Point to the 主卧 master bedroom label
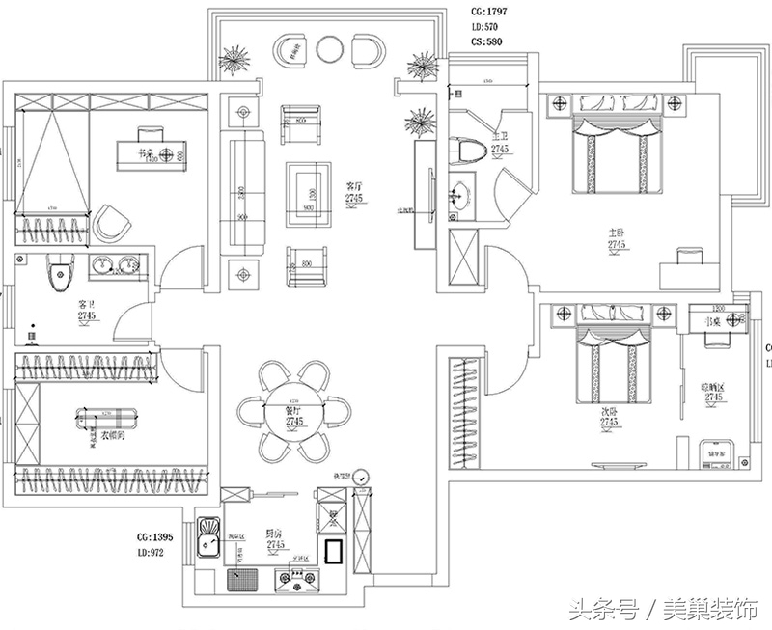coord(617,233)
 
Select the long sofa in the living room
coord(242,194)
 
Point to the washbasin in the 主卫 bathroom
coord(459,196)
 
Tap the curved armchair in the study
coord(113,223)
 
